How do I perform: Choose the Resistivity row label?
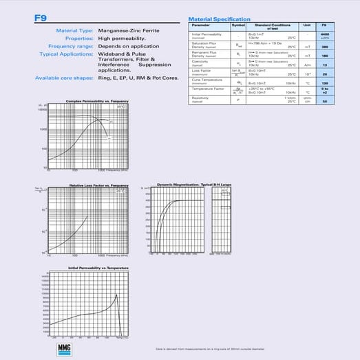(x=200, y=98)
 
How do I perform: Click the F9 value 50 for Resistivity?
(x=325, y=100)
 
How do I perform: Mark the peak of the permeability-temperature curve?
(x=117, y=295)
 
